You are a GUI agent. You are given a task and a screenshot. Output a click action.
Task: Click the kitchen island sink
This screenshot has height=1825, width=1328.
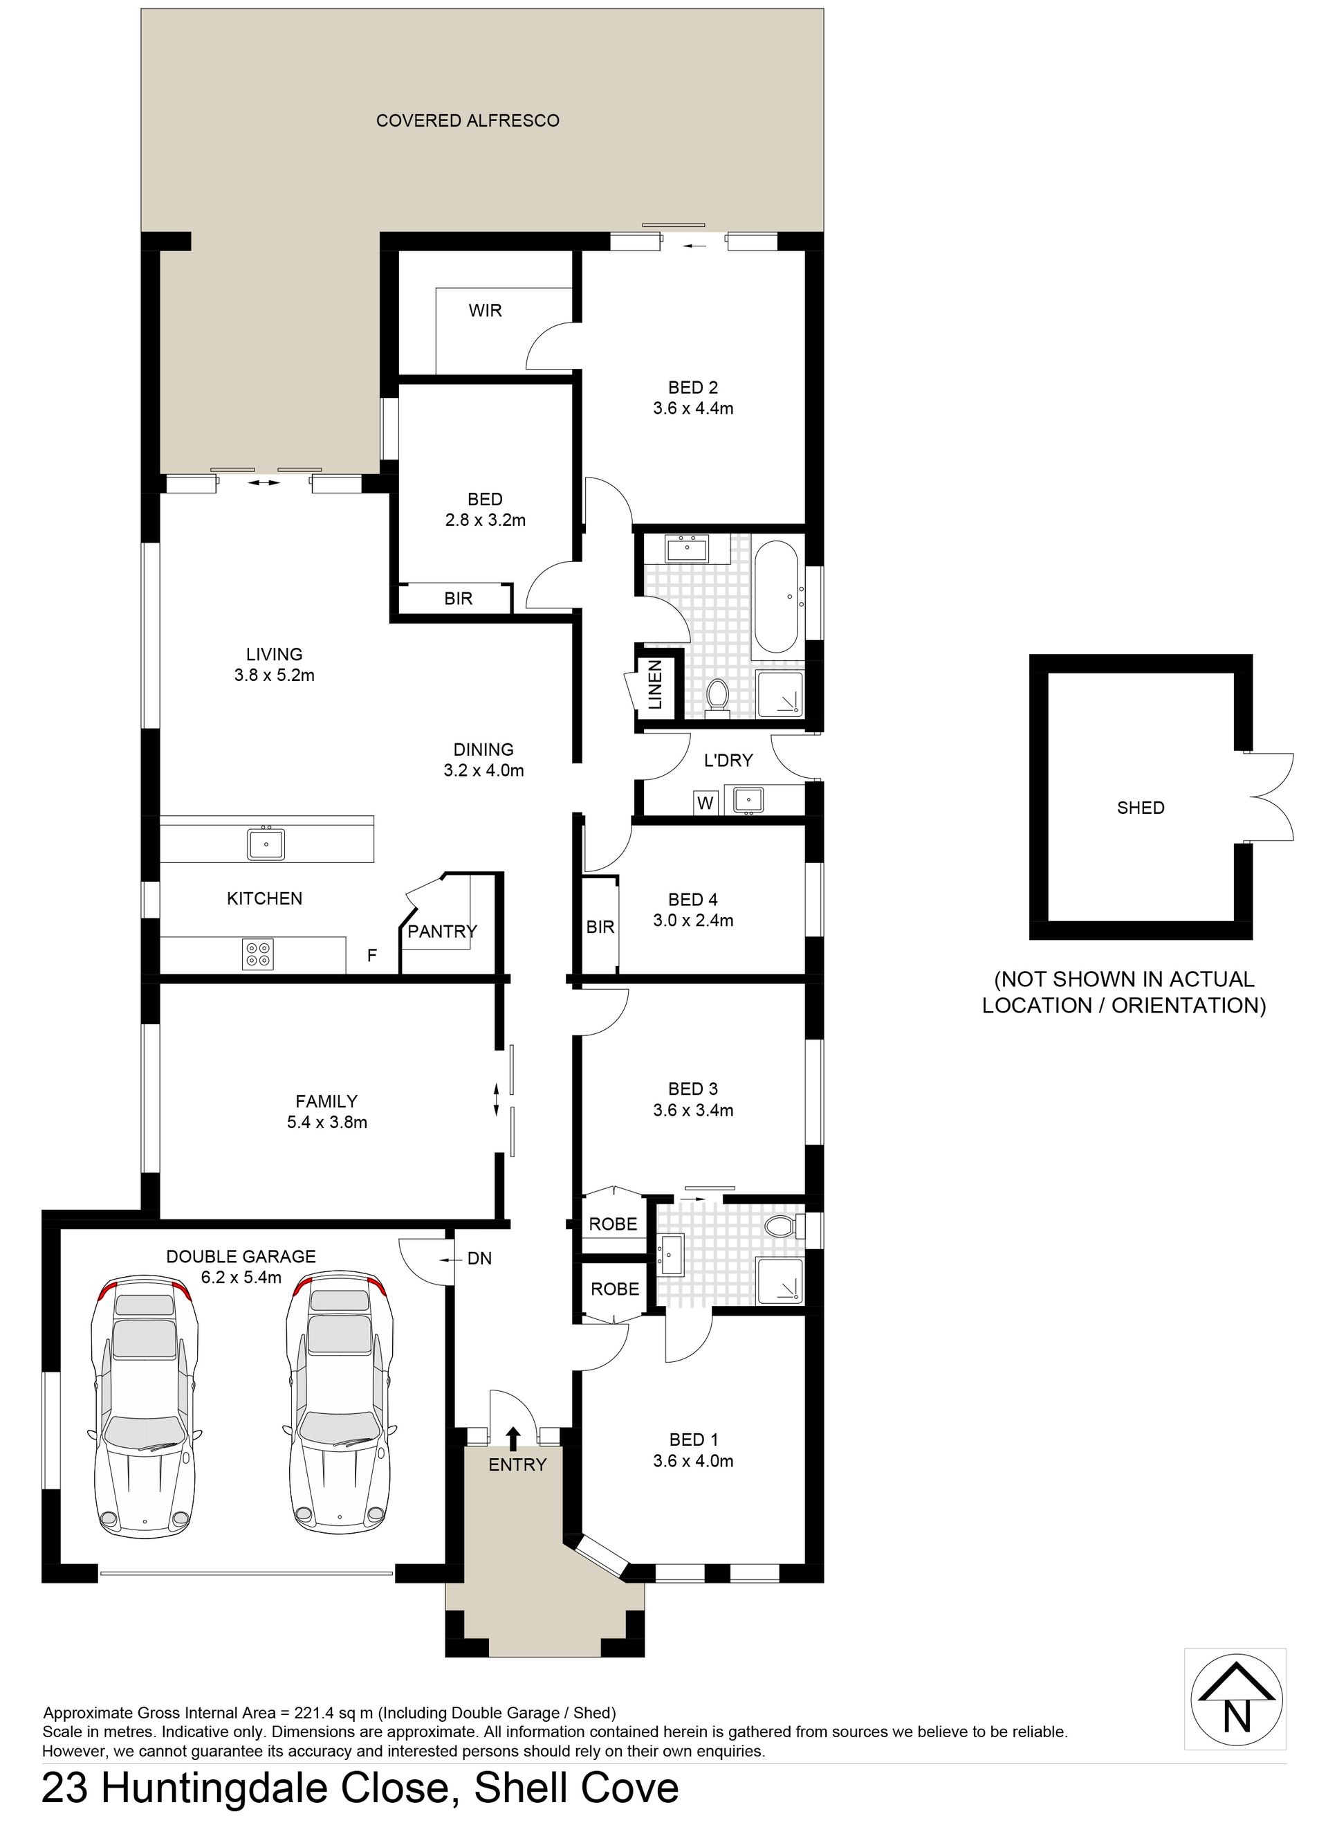pyautogui.click(x=266, y=844)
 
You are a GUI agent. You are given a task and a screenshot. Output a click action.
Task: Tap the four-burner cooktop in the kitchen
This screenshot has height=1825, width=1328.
pyautogui.click(x=258, y=954)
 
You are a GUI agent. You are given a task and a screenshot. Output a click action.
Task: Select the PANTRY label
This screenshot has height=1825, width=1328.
pyautogui.click(x=443, y=932)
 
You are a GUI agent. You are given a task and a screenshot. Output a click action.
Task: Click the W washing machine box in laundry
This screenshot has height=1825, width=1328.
pyautogui.click(x=705, y=803)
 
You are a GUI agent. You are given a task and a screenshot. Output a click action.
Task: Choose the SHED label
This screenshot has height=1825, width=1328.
pyautogui.click(x=1141, y=808)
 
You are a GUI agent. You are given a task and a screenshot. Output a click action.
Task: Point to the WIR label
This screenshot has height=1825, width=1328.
pyautogui.click(x=485, y=311)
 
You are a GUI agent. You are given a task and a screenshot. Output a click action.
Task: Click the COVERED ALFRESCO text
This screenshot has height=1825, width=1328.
pyautogui.click(x=468, y=120)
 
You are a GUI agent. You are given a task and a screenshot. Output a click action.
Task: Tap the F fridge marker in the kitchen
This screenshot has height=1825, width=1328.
pyautogui.click(x=371, y=956)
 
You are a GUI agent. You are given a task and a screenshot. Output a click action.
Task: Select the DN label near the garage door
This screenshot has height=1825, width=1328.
pyautogui.click(x=479, y=1258)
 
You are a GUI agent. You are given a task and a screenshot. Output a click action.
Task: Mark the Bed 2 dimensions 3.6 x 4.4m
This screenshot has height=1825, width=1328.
pyautogui.click(x=693, y=409)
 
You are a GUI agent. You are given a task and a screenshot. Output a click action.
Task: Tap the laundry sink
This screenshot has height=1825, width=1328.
pyautogui.click(x=748, y=801)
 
